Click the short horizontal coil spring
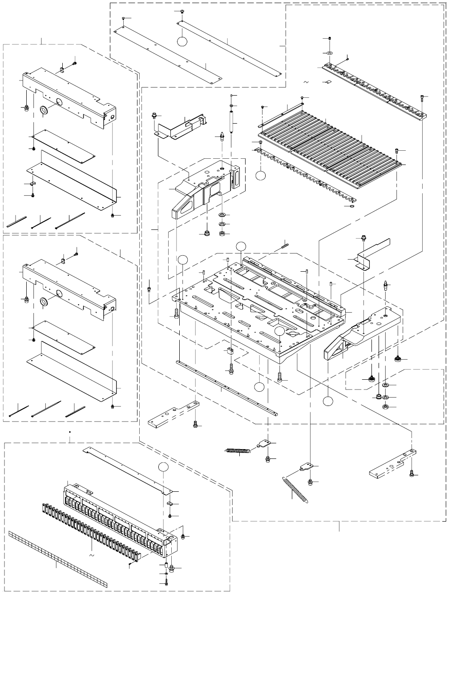coord(238,452)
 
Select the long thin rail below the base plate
coord(227,387)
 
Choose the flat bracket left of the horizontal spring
coord(173,415)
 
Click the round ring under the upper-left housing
coord(44,111)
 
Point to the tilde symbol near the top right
coord(306,82)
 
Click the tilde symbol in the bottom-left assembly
coord(91,556)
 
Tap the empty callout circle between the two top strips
coord(182,40)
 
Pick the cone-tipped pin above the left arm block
coord(222,136)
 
